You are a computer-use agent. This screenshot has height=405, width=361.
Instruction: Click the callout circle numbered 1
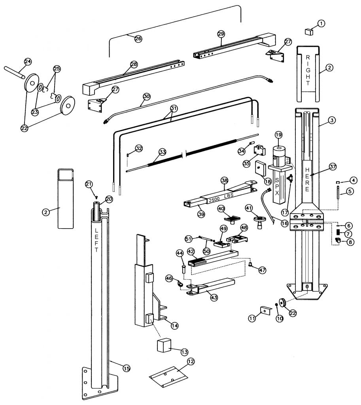[x=321, y=23]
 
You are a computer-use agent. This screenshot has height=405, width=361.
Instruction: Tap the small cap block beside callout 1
[x=309, y=31]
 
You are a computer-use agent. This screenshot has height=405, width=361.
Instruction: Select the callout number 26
[x=138, y=38]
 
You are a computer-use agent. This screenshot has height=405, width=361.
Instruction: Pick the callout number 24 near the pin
[x=28, y=61]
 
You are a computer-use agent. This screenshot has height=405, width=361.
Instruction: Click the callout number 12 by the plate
[x=191, y=361]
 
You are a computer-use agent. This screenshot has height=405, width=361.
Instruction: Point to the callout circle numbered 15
[x=126, y=368]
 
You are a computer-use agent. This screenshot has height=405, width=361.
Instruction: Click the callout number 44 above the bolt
[x=180, y=253]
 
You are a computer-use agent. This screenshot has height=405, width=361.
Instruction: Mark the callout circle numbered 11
[x=251, y=318]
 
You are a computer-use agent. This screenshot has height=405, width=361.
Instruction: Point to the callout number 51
[x=189, y=238]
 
